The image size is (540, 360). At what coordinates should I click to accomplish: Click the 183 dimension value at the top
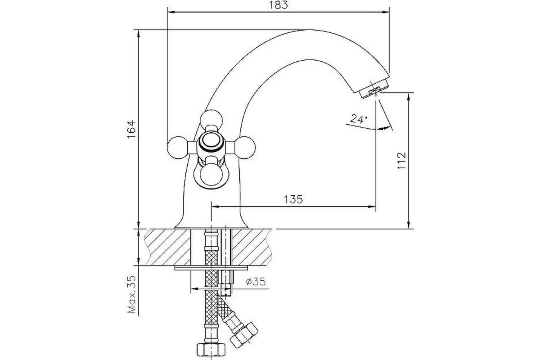tap(278, 5)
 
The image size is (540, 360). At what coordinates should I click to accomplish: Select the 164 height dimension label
tap(131, 129)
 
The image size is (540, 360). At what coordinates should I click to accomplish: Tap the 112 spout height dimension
tap(401, 161)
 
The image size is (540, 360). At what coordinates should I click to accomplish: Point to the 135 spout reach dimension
tap(293, 199)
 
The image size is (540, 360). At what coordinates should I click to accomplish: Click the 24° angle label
tap(359, 119)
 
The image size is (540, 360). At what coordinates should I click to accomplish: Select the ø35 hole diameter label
tap(256, 281)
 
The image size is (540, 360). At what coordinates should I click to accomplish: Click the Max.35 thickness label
tap(131, 294)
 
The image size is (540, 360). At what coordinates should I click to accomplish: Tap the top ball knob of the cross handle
tap(211, 120)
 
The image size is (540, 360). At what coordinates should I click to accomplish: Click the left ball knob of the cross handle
tap(178, 148)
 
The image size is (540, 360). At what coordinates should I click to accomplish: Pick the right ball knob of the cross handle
tap(244, 148)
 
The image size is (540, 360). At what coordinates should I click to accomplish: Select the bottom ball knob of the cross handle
tap(211, 175)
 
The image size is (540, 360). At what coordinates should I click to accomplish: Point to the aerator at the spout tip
tap(374, 89)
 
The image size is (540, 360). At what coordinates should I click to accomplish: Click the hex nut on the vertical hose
tap(211, 349)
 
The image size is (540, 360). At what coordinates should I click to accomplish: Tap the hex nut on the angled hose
tap(244, 335)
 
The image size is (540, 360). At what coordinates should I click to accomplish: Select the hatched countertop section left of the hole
tap(168, 247)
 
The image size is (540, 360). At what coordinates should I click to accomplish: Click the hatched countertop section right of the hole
tap(252, 247)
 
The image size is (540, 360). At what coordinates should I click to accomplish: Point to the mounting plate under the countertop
tap(211, 268)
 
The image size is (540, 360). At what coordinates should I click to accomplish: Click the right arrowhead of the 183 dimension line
tap(386, 12)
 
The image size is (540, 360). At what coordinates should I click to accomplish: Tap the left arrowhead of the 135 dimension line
tap(215, 207)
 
